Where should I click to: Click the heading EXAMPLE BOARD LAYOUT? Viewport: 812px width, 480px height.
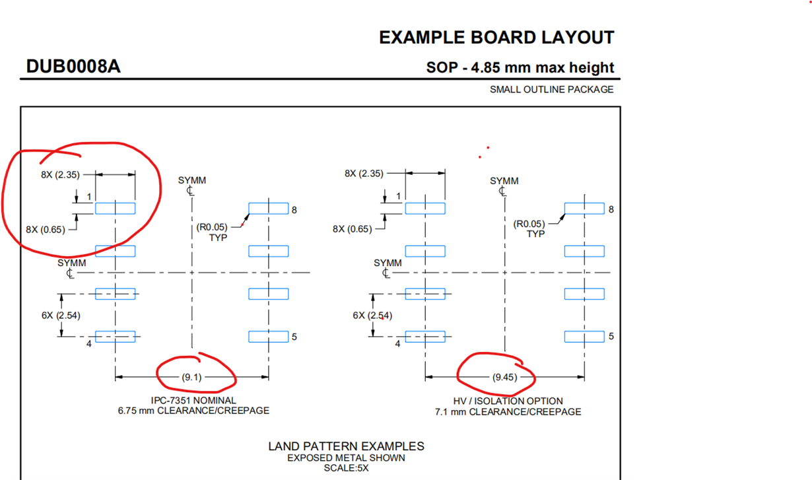click(496, 38)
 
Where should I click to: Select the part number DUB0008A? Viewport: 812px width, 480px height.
click(73, 67)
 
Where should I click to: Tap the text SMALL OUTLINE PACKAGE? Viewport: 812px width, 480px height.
click(551, 89)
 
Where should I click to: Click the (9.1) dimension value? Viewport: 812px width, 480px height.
click(191, 377)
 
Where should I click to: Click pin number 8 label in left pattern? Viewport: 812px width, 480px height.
click(294, 210)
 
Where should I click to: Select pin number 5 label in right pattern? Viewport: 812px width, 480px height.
click(611, 336)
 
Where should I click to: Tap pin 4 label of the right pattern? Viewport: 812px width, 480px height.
click(398, 343)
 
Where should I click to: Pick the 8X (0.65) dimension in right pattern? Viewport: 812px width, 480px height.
click(352, 229)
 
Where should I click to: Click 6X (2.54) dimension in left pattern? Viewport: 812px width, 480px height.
click(61, 316)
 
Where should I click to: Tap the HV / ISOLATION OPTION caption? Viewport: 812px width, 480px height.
click(508, 401)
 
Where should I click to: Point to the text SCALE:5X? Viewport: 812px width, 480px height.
click(346, 468)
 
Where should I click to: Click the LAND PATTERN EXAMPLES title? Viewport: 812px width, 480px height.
click(346, 446)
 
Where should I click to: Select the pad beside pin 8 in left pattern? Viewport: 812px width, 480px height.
click(268, 209)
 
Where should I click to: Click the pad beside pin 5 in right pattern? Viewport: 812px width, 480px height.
click(584, 336)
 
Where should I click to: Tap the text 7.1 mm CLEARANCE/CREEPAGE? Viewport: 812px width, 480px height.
click(508, 411)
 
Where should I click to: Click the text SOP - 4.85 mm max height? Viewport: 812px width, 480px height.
click(520, 67)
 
